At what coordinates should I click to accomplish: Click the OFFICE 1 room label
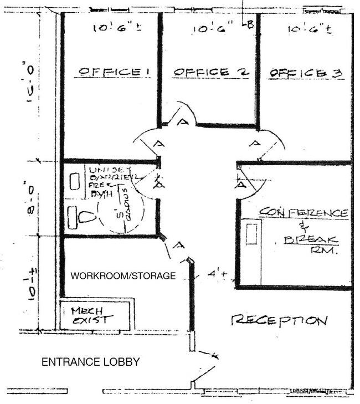click(x=115, y=71)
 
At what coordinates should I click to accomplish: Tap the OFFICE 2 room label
click(x=209, y=73)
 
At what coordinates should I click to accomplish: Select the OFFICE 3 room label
click(x=306, y=73)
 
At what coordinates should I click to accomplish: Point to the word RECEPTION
click(x=279, y=319)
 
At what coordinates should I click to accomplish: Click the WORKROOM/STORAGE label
click(x=123, y=275)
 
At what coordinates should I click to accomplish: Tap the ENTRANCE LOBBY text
click(x=91, y=362)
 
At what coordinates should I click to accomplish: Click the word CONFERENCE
click(x=304, y=213)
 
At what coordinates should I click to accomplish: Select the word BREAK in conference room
click(x=311, y=239)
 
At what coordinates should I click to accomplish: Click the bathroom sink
click(x=75, y=180)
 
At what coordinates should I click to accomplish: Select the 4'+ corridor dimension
click(x=215, y=274)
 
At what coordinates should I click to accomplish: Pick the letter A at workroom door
click(x=178, y=246)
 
